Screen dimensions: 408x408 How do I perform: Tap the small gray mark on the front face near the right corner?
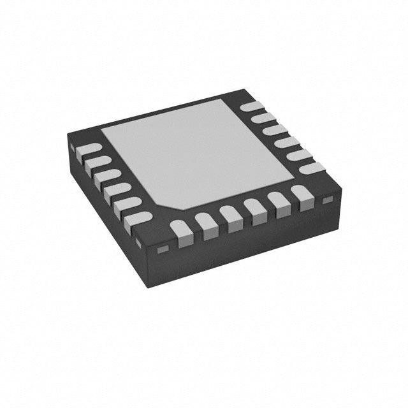tap(328, 200)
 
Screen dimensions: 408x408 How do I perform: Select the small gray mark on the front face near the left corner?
tap(161, 247)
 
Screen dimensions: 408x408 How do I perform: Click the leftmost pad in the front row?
tap(182, 232)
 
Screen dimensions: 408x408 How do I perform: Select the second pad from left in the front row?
tap(206, 225)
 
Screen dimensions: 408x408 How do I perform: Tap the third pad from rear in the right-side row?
tap(273, 129)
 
